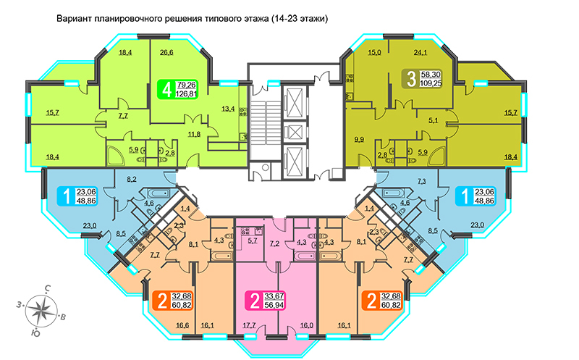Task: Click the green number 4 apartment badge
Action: tap(178, 89)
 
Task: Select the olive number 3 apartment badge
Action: tap(422, 79)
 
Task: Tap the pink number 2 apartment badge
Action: tap(266, 300)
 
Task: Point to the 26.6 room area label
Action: tap(166, 52)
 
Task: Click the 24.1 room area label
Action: tap(420, 52)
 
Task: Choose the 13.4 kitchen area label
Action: tap(228, 109)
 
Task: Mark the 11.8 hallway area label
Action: tap(194, 134)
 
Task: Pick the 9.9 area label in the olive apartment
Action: tap(359, 139)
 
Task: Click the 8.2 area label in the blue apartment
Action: tap(132, 180)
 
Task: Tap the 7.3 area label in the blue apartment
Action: tap(422, 182)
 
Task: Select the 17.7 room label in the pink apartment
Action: tap(249, 325)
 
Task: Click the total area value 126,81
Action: tap(187, 93)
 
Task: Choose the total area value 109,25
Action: tap(431, 83)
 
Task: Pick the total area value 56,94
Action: tap(276, 304)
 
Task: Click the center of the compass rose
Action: tap(41, 310)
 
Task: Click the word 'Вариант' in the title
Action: tap(74, 19)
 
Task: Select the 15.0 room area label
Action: tap(374, 52)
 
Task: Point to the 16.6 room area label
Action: tap(182, 325)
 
